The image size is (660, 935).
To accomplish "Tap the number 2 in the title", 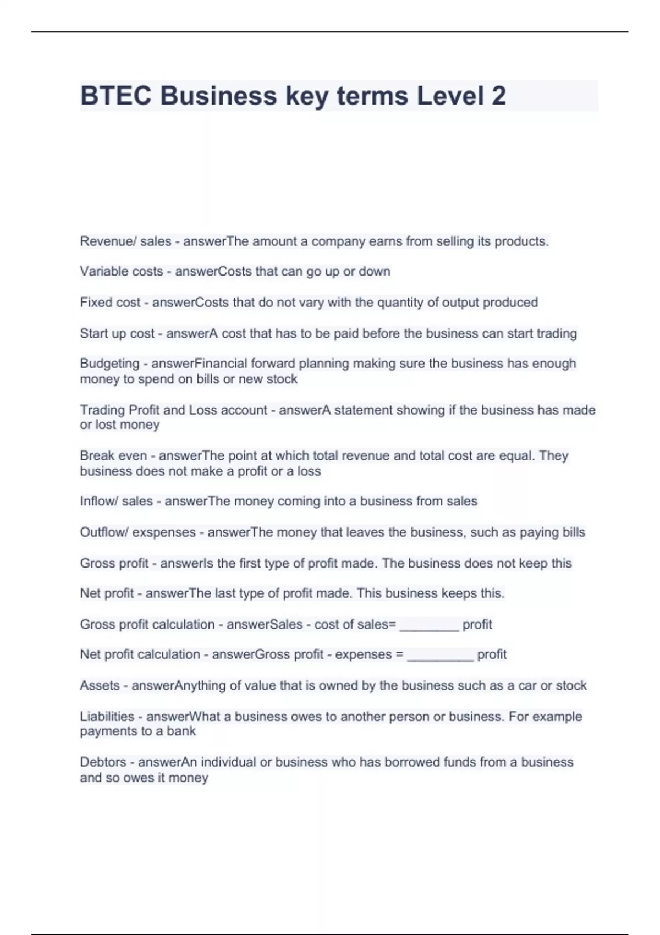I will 498,96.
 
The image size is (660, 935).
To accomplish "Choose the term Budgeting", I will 109,364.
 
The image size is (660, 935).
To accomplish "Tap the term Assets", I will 100,686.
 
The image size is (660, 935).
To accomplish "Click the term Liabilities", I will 107,717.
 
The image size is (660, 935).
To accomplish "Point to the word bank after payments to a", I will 181,732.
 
